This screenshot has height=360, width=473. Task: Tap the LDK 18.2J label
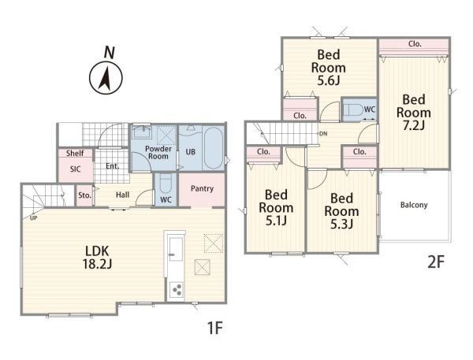coord(97,257)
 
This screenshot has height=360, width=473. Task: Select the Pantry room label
coord(202,189)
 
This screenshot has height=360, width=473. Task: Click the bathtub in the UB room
coord(213,148)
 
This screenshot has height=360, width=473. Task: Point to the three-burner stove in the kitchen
coord(176,290)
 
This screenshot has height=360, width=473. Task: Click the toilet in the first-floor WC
coord(166,184)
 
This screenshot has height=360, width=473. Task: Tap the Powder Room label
coord(158,153)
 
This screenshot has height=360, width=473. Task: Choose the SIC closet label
coord(75,169)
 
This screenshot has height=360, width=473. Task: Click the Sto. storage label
coord(84,195)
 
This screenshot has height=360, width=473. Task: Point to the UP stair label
coord(33,217)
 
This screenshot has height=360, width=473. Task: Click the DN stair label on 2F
coord(323,134)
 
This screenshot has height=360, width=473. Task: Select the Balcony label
coord(414,205)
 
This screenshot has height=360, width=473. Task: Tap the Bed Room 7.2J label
coord(414,113)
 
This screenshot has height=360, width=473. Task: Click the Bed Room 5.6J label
coord(329,68)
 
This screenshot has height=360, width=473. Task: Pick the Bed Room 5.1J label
coord(276,208)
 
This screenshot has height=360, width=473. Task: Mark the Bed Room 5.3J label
coord(341,211)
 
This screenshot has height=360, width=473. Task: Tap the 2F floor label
coord(436,262)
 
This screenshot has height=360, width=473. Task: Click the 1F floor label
coord(214,328)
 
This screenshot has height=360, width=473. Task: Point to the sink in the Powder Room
coord(142,132)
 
